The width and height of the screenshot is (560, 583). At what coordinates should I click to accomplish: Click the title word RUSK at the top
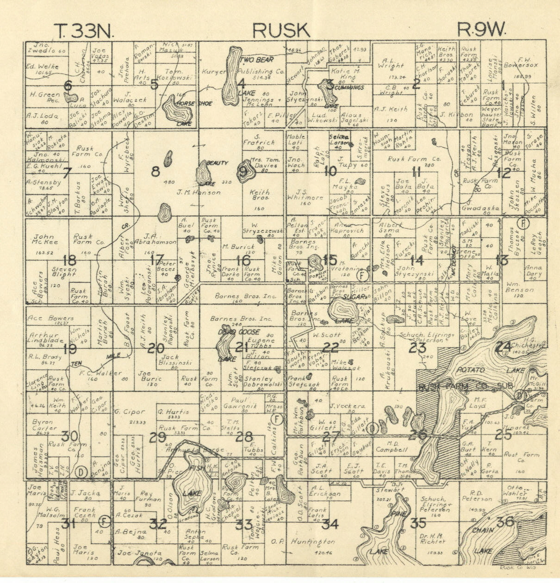[281, 31]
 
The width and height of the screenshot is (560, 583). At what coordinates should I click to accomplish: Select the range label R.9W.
[482, 31]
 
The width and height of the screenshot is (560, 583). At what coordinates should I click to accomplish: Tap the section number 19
[69, 348]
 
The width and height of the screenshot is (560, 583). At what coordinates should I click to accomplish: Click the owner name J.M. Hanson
[199, 192]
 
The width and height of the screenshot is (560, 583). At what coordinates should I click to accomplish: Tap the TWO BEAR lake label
[257, 60]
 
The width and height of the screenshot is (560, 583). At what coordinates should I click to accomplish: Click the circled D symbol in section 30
[81, 471]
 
